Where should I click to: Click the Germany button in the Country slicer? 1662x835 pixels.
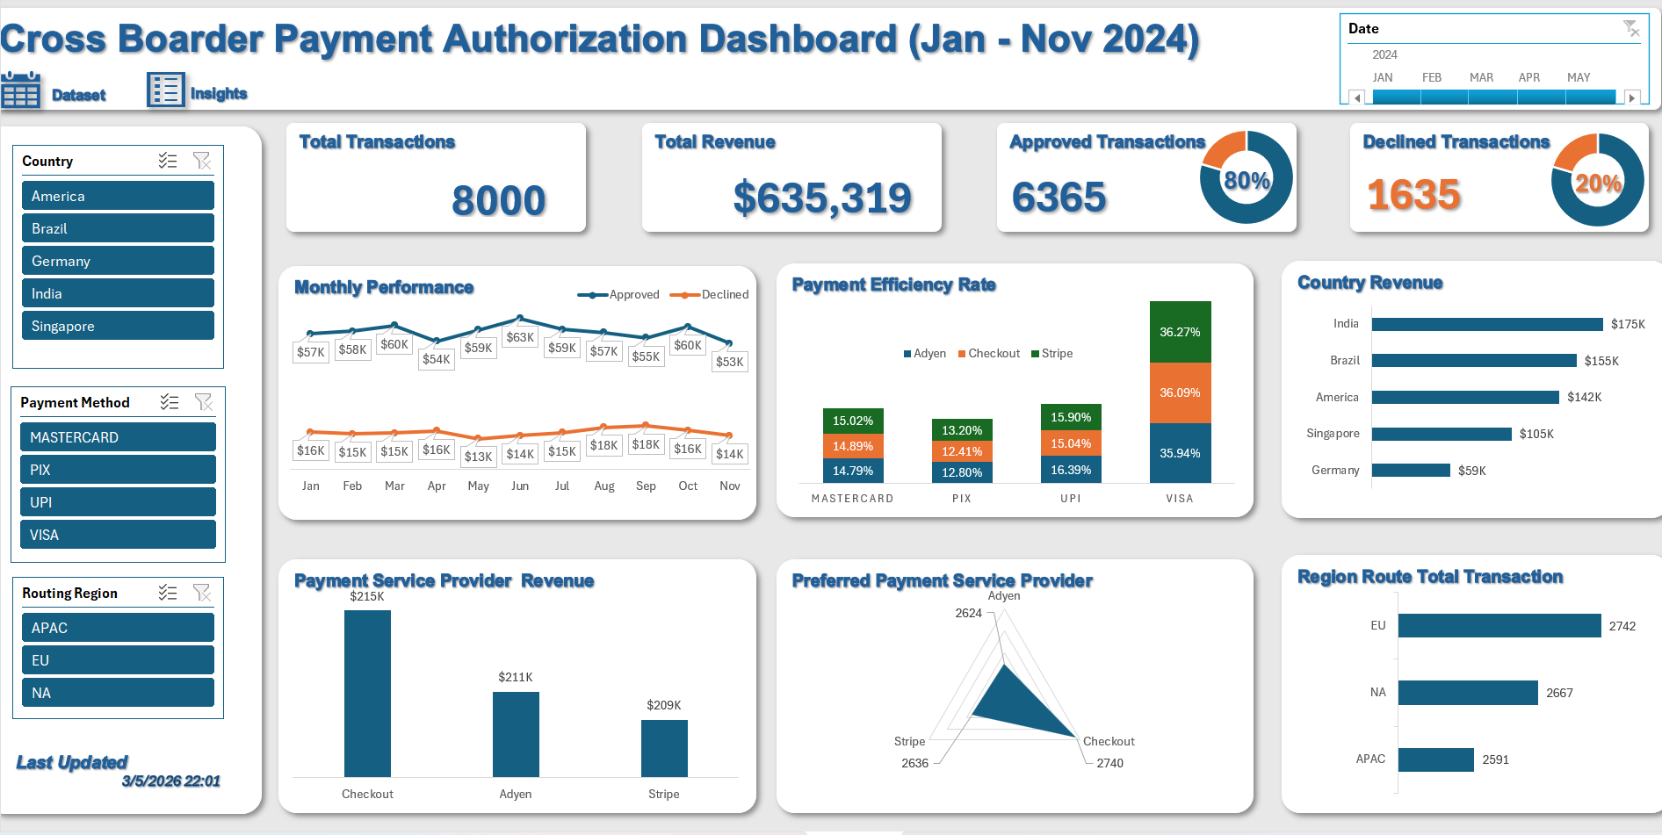click(118, 261)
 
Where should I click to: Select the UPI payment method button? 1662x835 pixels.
click(118, 502)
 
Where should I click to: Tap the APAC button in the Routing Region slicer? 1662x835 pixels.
click(118, 628)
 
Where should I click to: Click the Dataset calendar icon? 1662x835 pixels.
click(20, 90)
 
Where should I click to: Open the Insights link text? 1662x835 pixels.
click(219, 94)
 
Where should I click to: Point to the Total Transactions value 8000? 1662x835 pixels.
click(498, 200)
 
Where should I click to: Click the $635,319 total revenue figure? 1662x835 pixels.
click(822, 198)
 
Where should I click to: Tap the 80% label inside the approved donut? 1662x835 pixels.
click(1246, 181)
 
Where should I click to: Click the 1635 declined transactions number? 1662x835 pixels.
click(1413, 195)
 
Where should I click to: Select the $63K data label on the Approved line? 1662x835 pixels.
click(520, 338)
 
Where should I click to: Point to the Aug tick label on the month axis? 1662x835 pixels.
click(604, 486)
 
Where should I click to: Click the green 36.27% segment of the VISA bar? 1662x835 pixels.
click(1180, 332)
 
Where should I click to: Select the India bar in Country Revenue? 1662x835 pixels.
click(1486, 324)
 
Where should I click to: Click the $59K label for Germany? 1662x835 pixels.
click(1471, 471)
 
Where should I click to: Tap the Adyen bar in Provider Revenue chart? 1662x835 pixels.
click(516, 734)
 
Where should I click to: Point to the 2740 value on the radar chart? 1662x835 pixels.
click(1109, 763)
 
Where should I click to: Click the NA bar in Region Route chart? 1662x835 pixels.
click(1468, 693)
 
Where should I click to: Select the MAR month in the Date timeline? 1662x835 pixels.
click(1481, 77)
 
